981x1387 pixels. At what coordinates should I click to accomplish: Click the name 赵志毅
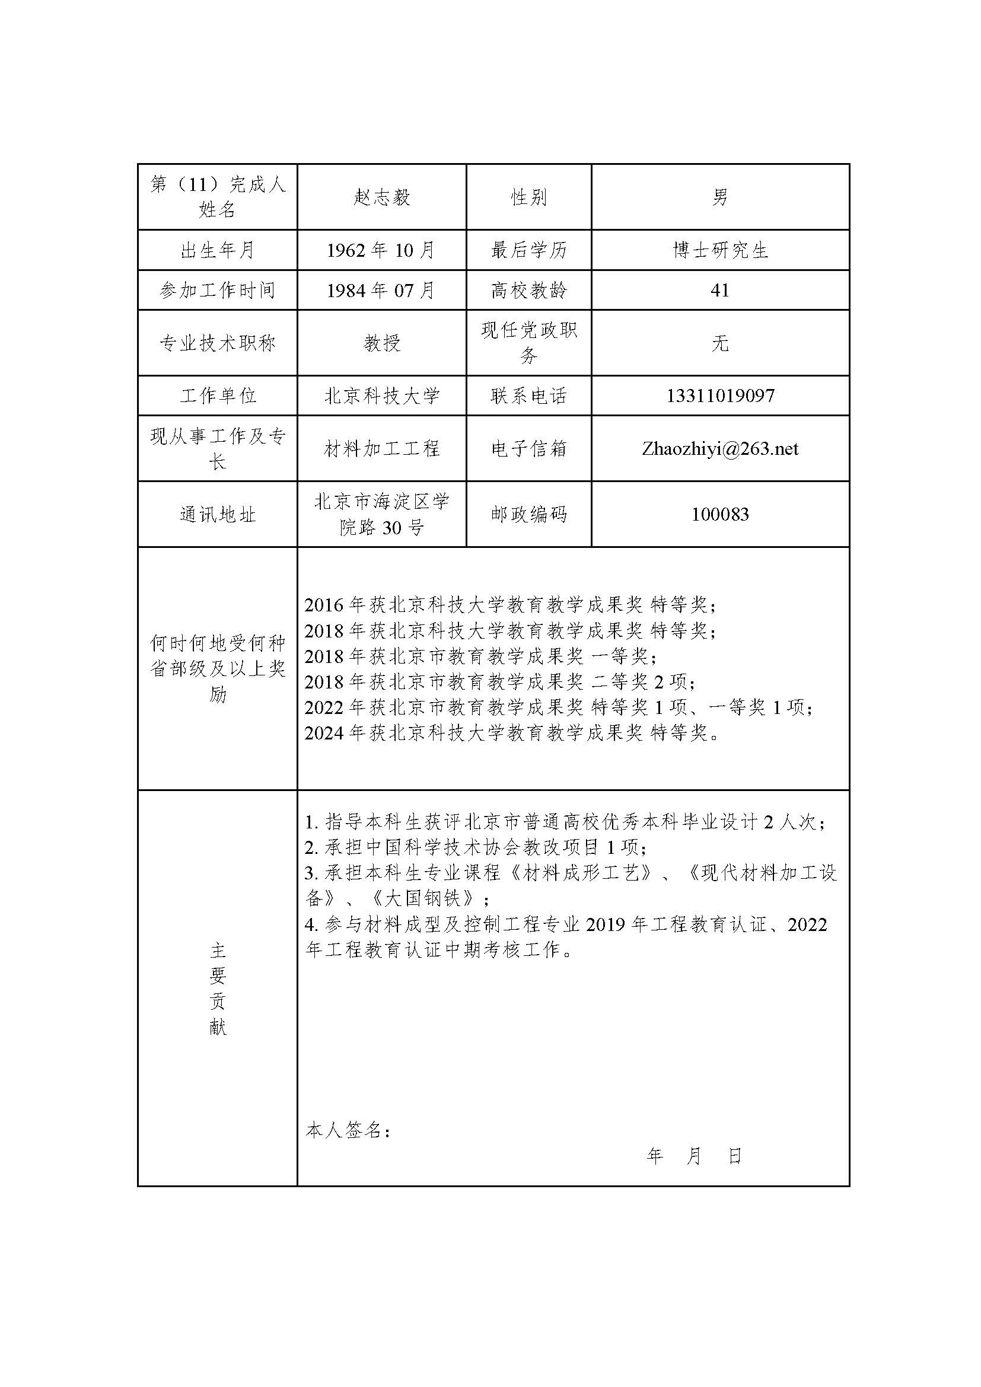pos(382,197)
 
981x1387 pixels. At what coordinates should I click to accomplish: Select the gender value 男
pos(720,197)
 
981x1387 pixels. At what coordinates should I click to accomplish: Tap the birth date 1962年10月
pos(381,250)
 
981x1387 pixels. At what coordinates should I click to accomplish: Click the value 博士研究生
pos(720,250)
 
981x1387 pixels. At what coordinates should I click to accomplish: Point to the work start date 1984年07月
pos(381,291)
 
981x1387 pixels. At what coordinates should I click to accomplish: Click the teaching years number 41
pos(720,291)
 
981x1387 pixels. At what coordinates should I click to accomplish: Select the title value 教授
pos(382,343)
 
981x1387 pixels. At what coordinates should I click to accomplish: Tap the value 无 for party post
pos(720,343)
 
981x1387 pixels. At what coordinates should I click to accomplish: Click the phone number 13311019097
pos(720,396)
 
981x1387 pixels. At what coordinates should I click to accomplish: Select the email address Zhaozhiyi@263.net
pos(720,449)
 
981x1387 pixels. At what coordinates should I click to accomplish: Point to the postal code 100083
pos(720,515)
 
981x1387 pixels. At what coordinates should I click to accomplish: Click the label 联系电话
pos(528,396)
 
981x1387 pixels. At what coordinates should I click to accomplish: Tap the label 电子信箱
pos(528,449)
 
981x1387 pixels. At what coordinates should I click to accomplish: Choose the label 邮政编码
pos(528,515)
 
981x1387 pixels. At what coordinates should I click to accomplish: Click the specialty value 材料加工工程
pos(382,449)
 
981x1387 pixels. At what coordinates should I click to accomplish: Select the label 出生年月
pos(218,250)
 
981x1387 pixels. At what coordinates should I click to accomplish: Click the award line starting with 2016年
pos(511,605)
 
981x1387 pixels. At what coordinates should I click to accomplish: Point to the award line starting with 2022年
pos(558,707)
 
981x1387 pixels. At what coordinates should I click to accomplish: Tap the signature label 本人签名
pos(348,1130)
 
